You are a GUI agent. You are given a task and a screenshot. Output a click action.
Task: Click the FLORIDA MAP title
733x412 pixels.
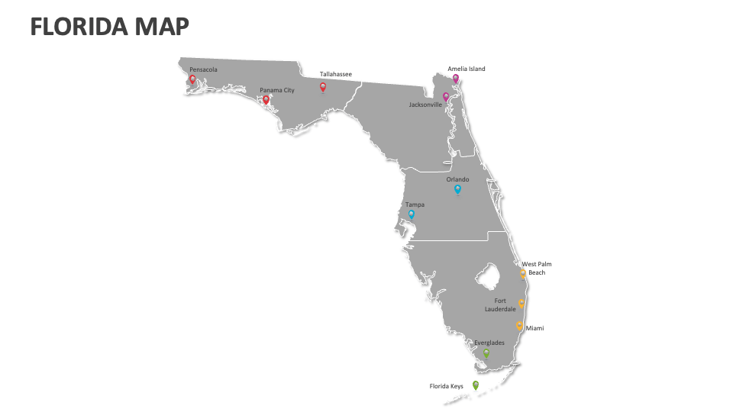(x=110, y=27)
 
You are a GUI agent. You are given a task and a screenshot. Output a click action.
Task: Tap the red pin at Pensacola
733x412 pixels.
(x=192, y=79)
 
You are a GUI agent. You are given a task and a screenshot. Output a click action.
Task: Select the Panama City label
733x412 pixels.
(x=276, y=90)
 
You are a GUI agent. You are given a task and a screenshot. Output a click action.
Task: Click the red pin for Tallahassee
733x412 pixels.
(x=323, y=88)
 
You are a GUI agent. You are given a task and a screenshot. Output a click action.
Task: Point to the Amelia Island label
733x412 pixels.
(x=466, y=69)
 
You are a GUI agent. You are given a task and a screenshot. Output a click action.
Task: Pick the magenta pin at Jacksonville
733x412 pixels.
(x=446, y=97)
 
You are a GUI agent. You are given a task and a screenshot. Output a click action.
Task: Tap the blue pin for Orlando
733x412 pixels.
(x=457, y=188)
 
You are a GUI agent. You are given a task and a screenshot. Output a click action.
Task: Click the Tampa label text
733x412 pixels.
(x=415, y=204)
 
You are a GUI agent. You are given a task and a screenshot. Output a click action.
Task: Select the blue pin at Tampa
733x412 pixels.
(x=412, y=214)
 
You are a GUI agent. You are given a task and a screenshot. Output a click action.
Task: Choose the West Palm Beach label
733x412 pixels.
(x=537, y=269)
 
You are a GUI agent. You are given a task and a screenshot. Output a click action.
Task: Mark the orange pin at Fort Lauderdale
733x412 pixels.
(x=521, y=303)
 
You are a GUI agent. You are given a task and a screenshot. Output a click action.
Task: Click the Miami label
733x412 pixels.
(x=534, y=328)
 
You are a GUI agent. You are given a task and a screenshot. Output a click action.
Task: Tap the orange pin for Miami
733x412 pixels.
(x=519, y=326)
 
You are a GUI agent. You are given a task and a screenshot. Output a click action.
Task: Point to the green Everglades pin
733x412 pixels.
(x=486, y=353)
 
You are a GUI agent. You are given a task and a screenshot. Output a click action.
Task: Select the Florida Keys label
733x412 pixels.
(x=446, y=386)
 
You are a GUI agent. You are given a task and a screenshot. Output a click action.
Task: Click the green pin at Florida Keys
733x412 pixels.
(x=476, y=385)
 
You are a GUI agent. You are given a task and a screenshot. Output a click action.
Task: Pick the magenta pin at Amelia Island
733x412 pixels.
(x=456, y=78)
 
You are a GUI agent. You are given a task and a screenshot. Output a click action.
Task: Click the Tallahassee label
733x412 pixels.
(x=336, y=74)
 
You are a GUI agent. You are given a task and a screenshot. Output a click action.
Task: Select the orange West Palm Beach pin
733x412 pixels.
(x=523, y=272)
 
